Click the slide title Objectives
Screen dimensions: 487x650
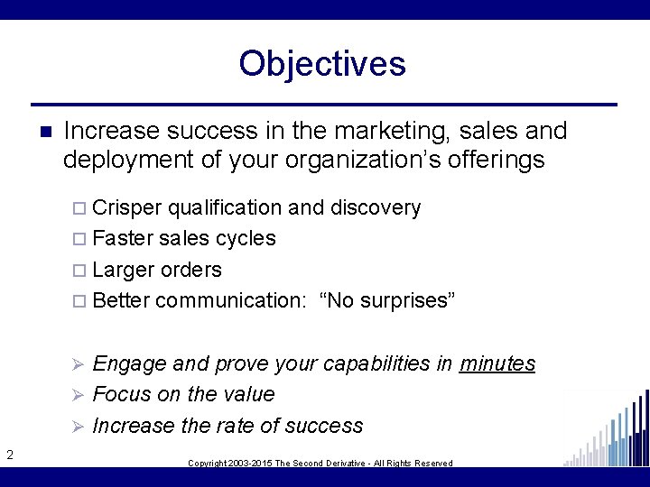(x=322, y=64)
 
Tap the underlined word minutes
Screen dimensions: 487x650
(x=497, y=363)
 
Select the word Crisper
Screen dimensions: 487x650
(x=127, y=208)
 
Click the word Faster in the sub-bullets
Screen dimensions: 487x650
(x=123, y=239)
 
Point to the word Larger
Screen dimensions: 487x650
(x=125, y=270)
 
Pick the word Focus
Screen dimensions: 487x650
(x=122, y=394)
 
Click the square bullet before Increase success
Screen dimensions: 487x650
(x=44, y=132)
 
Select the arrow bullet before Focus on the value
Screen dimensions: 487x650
(x=78, y=395)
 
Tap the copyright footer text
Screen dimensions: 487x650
(x=320, y=463)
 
